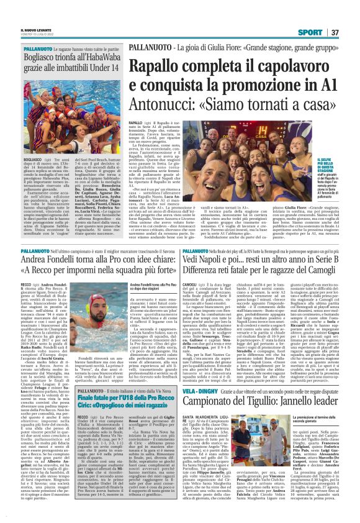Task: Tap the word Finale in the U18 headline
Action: coord(89,383)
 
